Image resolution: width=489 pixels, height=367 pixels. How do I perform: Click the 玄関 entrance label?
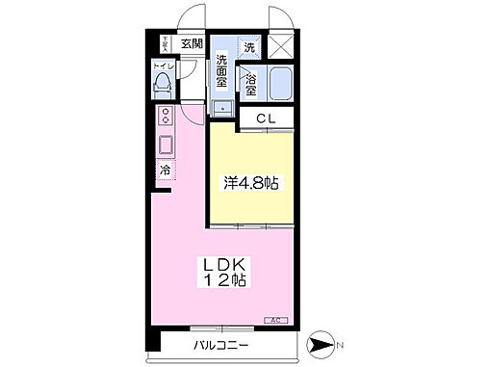click(192, 44)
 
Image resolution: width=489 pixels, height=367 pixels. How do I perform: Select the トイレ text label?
click(165, 66)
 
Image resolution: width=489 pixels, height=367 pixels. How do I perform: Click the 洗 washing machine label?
click(249, 47)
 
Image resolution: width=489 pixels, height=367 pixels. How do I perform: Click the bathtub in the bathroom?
click(281, 87)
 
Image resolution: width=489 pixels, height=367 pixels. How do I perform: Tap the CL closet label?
click(266, 119)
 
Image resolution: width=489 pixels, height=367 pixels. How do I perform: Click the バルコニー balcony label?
click(221, 344)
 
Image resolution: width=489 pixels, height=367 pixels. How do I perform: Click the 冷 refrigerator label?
click(165, 170)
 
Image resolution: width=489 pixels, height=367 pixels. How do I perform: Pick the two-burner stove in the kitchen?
click(166, 118)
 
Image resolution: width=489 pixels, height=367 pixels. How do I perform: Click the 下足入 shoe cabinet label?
click(166, 42)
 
